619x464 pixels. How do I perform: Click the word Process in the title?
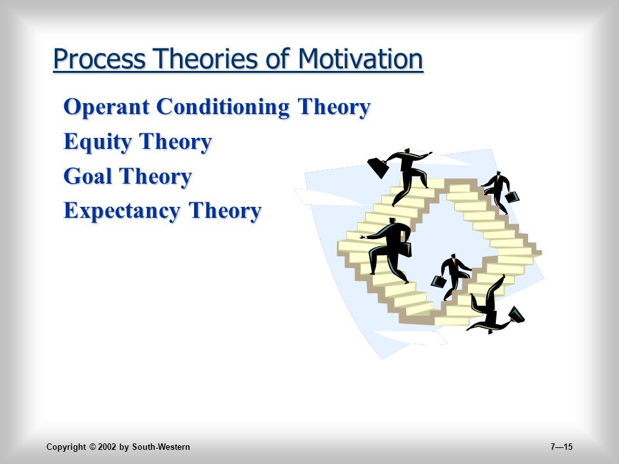pos(99,59)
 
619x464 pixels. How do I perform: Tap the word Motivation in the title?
pos(360,59)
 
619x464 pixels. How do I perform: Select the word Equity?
pos(97,142)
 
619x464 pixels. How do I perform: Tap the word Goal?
pos(87,176)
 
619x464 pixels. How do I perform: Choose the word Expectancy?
pos(122,211)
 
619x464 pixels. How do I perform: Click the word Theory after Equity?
pos(175,142)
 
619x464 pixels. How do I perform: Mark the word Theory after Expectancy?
pos(225,211)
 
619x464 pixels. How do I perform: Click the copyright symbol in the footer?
pos(92,447)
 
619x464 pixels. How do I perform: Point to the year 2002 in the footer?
pos(108,447)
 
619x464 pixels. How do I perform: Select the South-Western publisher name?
pos(161,447)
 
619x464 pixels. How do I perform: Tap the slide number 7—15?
pos(561,447)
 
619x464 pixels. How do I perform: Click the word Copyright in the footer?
pos(66,447)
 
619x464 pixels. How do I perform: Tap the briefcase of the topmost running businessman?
pos(378,168)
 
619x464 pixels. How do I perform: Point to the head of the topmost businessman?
pos(407,152)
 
